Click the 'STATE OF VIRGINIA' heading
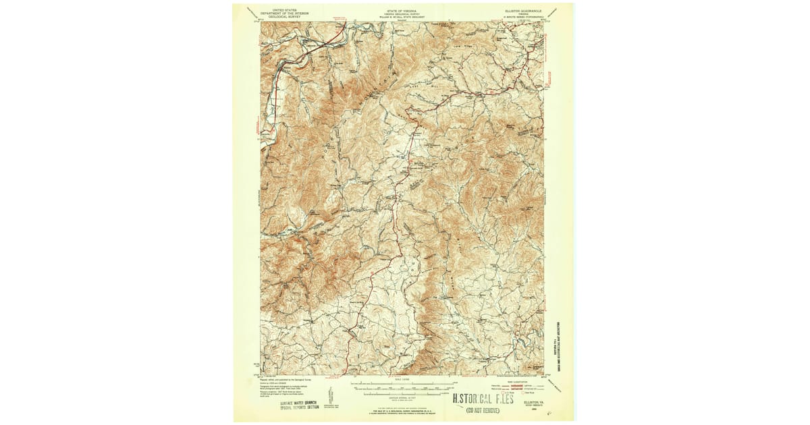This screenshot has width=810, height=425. click(x=402, y=11)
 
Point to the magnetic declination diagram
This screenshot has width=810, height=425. click(x=330, y=395)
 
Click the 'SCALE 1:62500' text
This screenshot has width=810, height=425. click(x=402, y=380)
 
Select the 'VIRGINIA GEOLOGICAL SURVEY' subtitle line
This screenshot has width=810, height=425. click(x=402, y=15)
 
